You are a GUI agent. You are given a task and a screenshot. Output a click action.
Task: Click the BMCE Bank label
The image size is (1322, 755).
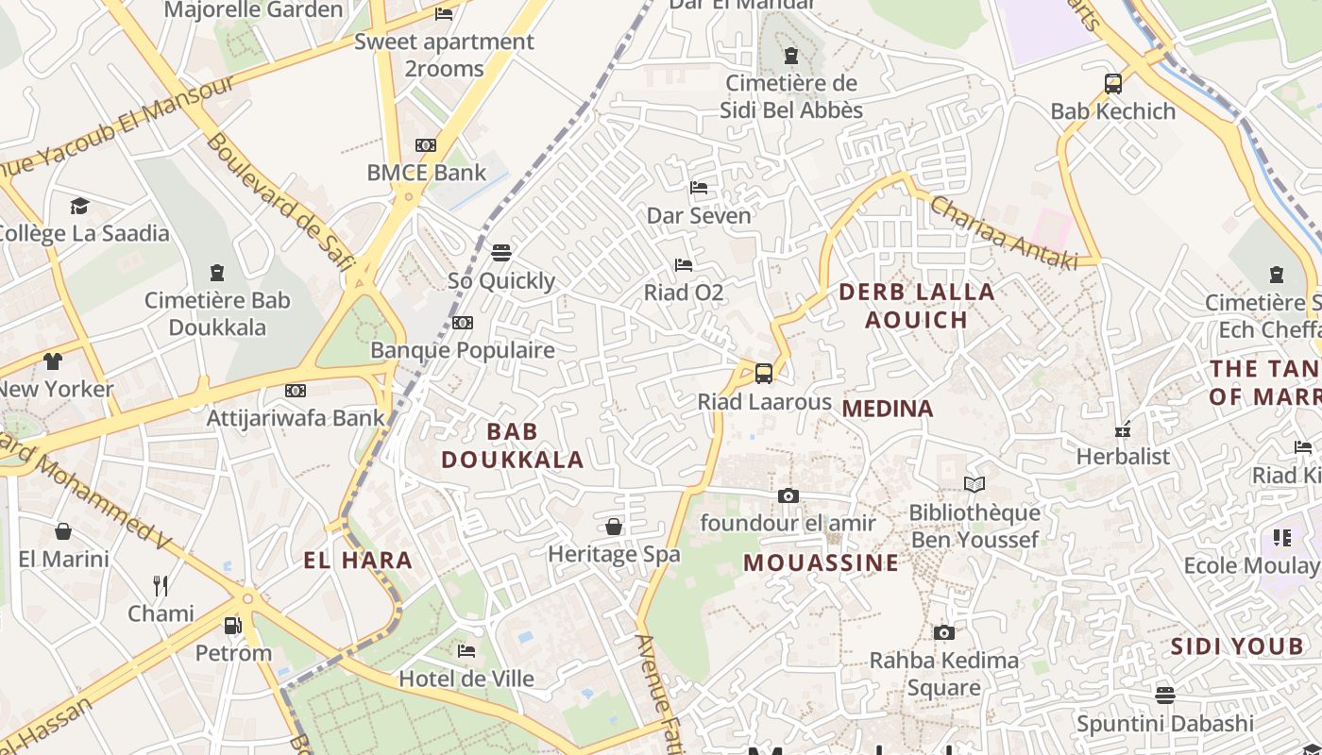point(426,173)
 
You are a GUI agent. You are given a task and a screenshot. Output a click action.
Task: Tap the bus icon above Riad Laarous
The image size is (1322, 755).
point(764,374)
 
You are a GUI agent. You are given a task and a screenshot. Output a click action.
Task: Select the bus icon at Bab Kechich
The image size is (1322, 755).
point(1113,83)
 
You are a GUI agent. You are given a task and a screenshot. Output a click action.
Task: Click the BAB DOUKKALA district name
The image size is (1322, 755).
point(512,445)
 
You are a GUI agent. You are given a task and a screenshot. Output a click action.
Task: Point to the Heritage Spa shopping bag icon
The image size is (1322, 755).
point(614,527)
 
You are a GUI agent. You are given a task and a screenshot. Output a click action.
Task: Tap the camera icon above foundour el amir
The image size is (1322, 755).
point(788,495)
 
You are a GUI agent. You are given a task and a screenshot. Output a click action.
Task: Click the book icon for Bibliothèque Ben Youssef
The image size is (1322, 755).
point(974,485)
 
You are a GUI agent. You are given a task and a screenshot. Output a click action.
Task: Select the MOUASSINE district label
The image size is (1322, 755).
point(821,563)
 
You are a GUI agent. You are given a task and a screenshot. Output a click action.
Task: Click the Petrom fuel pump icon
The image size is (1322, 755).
point(232,625)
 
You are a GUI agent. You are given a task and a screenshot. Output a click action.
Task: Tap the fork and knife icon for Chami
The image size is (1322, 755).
point(161,586)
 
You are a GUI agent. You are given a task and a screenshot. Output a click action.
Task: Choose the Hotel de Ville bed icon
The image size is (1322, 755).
point(466,651)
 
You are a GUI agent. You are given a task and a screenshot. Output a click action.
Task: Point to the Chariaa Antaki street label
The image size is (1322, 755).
point(1004,233)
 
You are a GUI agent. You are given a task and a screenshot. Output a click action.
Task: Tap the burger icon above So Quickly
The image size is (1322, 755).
point(501,253)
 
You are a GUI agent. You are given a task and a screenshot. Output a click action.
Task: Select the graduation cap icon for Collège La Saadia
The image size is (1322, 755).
point(79,206)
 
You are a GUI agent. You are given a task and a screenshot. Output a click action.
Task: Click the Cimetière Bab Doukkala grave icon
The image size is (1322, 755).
point(217,273)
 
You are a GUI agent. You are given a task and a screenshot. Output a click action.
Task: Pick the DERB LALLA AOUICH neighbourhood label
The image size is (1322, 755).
point(917,306)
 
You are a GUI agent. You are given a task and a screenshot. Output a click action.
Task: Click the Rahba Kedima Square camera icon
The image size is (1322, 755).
point(943,632)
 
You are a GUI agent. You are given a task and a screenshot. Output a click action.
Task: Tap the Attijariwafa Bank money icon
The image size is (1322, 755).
point(296,391)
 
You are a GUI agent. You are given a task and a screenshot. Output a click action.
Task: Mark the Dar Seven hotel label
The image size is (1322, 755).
point(699,215)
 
